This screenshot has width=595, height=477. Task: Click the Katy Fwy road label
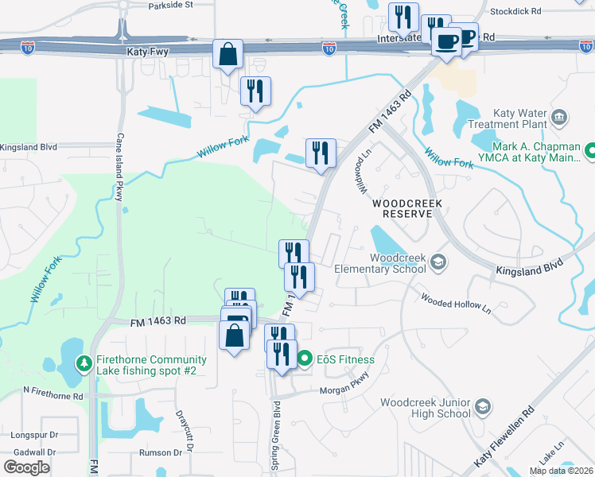pyautogui.click(x=147, y=51)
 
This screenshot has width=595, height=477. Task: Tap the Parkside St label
pyautogui.click(x=171, y=5)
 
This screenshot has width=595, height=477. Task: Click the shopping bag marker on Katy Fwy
pyautogui.click(x=227, y=55)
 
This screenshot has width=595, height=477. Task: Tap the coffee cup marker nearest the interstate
pyautogui.click(x=446, y=40)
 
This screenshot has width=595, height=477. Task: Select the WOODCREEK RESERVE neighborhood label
pyautogui.click(x=406, y=208)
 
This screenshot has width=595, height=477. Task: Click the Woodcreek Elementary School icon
pyautogui.click(x=437, y=262)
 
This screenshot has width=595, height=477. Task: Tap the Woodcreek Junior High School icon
pyautogui.click(x=481, y=408)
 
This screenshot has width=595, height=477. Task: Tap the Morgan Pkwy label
pyautogui.click(x=347, y=390)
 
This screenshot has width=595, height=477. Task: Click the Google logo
pyautogui.click(x=27, y=467)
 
